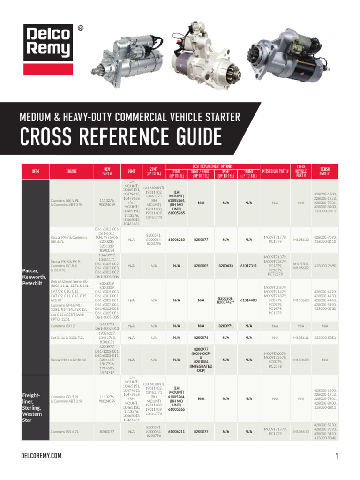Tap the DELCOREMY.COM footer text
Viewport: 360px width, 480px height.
coord(41,456)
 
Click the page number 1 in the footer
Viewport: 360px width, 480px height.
coord(337,456)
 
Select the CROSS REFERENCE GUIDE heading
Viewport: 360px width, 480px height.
coord(121,137)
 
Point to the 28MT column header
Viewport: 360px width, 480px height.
coord(131,172)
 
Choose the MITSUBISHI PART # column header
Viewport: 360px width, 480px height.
coord(275,172)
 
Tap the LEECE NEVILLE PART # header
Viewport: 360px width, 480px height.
coord(301,172)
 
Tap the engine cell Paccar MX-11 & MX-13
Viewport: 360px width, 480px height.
coord(68,360)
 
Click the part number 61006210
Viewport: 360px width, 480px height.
coord(176,240)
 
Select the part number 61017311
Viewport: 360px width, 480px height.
coord(248,266)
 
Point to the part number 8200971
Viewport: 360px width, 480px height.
coord(225,325)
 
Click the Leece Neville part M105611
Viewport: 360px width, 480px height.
coord(301,337)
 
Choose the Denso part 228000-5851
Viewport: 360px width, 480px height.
coord(325,337)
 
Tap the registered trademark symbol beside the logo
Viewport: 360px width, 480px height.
coord(80,29)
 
